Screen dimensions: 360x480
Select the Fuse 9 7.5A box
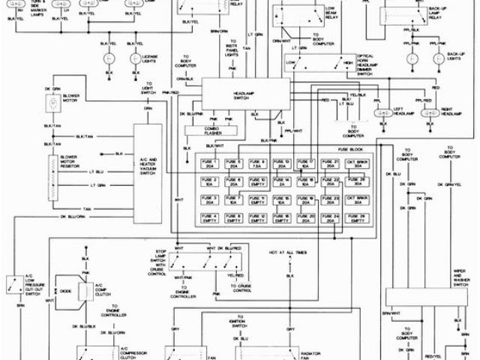click(x=259, y=164)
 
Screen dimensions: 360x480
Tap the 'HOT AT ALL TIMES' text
click(x=288, y=253)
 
